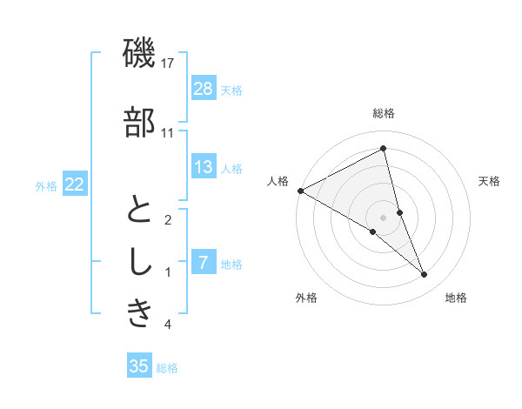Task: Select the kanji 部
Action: (140, 123)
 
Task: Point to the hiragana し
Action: (140, 262)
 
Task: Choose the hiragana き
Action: (140, 314)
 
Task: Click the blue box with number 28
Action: (204, 89)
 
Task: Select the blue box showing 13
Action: (204, 167)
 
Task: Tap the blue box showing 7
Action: (204, 263)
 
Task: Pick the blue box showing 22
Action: (74, 184)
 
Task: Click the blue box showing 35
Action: (139, 366)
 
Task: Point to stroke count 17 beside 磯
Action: (168, 64)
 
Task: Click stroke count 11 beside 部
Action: (168, 133)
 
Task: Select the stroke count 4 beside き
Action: (168, 325)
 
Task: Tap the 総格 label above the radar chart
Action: (384, 114)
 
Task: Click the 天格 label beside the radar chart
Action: (490, 182)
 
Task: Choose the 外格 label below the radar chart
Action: (306, 298)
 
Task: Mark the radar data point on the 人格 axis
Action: (300, 190)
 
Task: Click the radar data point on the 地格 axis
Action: (425, 274)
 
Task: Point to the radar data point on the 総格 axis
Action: (384, 149)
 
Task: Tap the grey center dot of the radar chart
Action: (384, 216)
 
